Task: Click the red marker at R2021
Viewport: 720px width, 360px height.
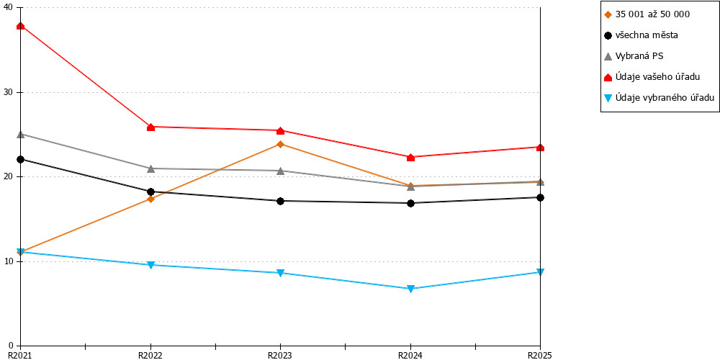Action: [21, 26]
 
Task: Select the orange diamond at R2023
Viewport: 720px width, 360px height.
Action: [281, 144]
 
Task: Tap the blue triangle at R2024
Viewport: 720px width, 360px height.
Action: [410, 289]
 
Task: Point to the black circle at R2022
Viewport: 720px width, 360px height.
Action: [150, 192]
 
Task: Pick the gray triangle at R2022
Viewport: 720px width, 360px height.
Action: [150, 168]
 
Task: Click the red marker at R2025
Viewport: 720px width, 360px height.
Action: [541, 147]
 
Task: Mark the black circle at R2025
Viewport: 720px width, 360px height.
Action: [541, 197]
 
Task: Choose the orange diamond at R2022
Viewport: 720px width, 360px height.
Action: [150, 199]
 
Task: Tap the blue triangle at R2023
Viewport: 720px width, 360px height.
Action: [281, 273]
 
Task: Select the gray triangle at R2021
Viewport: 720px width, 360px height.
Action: [21, 134]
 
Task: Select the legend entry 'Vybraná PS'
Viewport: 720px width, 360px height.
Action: [634, 56]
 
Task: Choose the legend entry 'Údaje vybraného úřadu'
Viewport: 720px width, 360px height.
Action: [659, 97]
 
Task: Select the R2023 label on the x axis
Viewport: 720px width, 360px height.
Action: [280, 355]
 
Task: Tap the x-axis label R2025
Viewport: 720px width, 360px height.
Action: [540, 355]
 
